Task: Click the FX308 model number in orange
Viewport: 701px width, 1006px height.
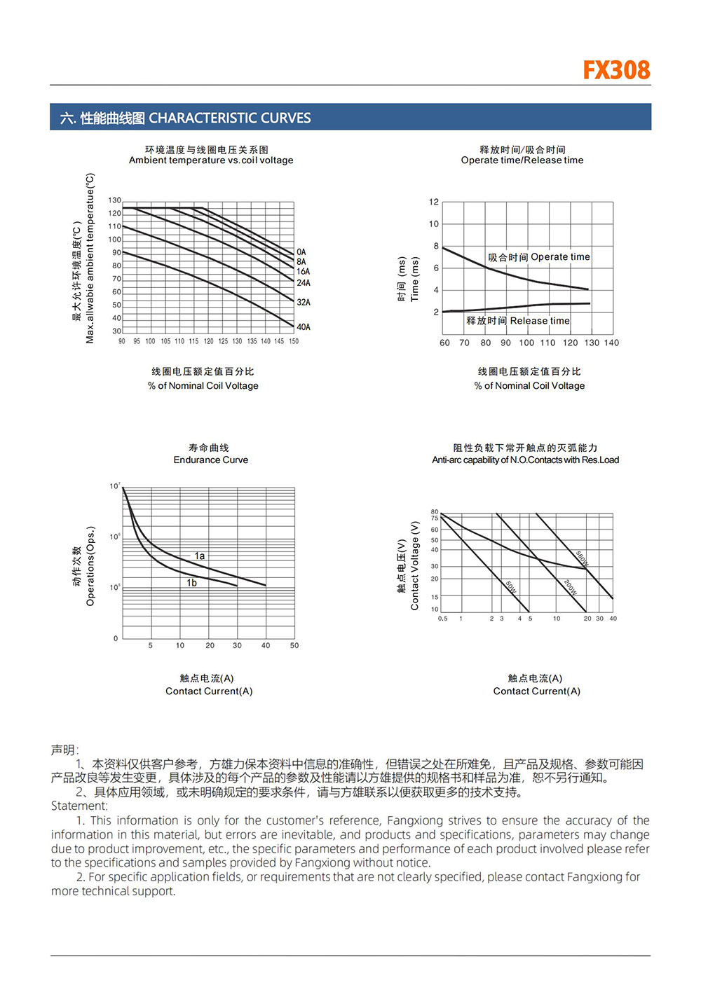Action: coord(616,70)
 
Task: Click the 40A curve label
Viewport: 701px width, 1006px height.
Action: coord(304,327)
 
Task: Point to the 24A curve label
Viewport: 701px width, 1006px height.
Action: coord(304,283)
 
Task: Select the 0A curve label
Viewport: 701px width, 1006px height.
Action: coord(301,252)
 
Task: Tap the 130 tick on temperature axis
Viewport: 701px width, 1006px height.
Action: coord(114,200)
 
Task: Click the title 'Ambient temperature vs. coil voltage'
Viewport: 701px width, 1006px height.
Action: coord(211,160)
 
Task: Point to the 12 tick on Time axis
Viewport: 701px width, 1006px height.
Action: coord(434,202)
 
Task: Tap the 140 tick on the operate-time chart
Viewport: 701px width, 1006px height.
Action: coord(611,343)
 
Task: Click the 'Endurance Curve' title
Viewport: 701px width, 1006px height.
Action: coord(211,460)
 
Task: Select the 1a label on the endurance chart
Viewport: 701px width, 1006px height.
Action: coord(200,556)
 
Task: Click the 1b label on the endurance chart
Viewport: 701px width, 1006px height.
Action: coord(191,583)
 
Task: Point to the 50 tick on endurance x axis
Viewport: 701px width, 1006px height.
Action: coord(294,646)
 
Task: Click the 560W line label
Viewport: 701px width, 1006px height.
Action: coord(583,558)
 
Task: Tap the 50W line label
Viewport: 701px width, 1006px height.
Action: coord(511,587)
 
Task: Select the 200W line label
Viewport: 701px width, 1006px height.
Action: coord(571,587)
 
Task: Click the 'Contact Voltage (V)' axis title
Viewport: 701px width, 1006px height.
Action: coord(415,565)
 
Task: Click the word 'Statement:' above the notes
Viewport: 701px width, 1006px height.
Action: coord(79,806)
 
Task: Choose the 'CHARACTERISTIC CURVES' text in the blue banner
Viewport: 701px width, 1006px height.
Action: coord(230,118)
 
